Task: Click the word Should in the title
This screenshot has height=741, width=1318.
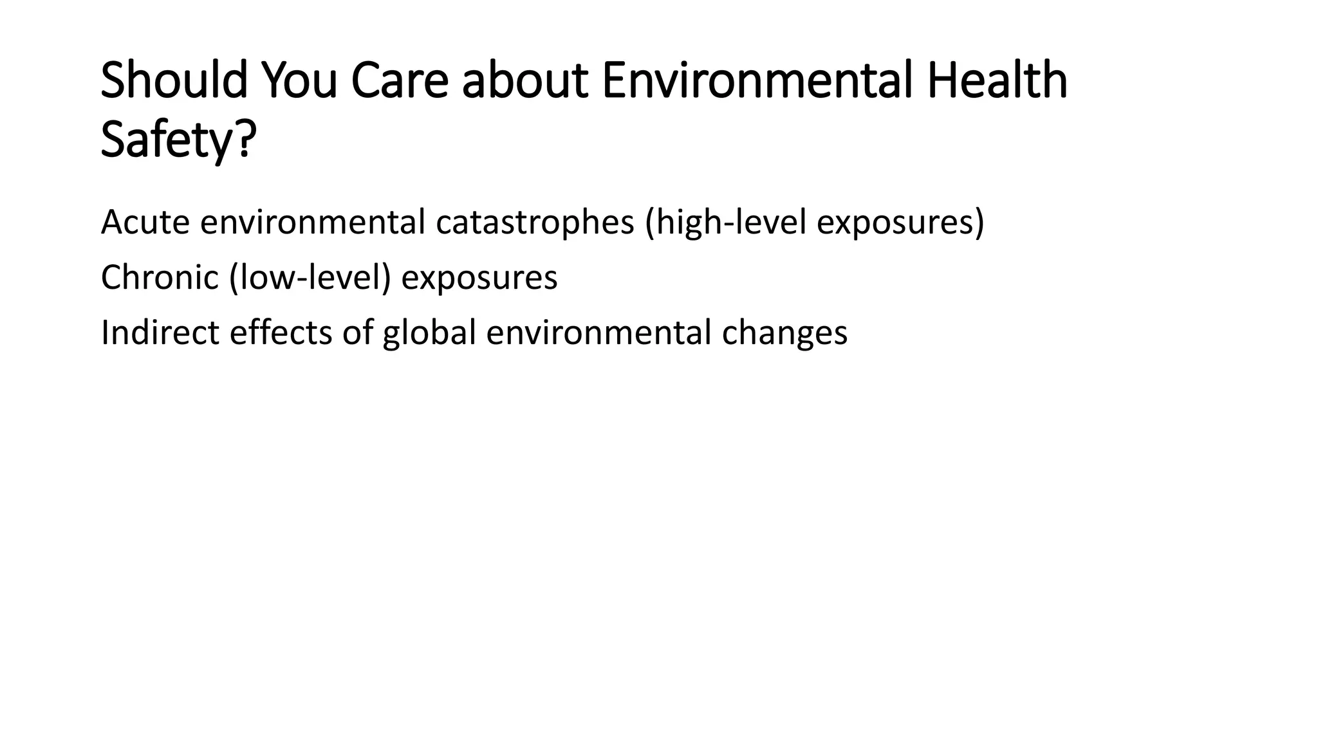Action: [174, 81]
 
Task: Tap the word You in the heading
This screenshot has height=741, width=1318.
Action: [299, 81]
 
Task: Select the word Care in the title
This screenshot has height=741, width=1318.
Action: [399, 81]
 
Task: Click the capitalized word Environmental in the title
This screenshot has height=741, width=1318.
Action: [757, 81]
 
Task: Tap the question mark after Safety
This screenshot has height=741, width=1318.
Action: [246, 140]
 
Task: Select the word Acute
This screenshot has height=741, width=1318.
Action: [145, 223]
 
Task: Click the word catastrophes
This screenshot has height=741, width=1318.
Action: [535, 223]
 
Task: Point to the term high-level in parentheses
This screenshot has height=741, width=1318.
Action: [731, 223]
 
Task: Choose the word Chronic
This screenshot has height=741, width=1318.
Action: [160, 278]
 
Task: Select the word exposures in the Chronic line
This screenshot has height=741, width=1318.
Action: [479, 278]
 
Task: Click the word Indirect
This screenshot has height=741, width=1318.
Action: [160, 333]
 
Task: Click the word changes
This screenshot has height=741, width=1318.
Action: [784, 333]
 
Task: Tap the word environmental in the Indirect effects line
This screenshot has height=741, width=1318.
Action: [599, 333]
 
